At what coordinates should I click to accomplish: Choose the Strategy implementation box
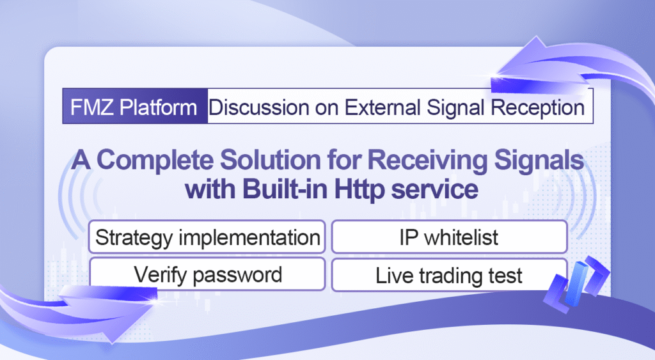point(207,237)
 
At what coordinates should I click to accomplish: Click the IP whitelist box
point(449,237)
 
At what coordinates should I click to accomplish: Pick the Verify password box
point(207,274)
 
